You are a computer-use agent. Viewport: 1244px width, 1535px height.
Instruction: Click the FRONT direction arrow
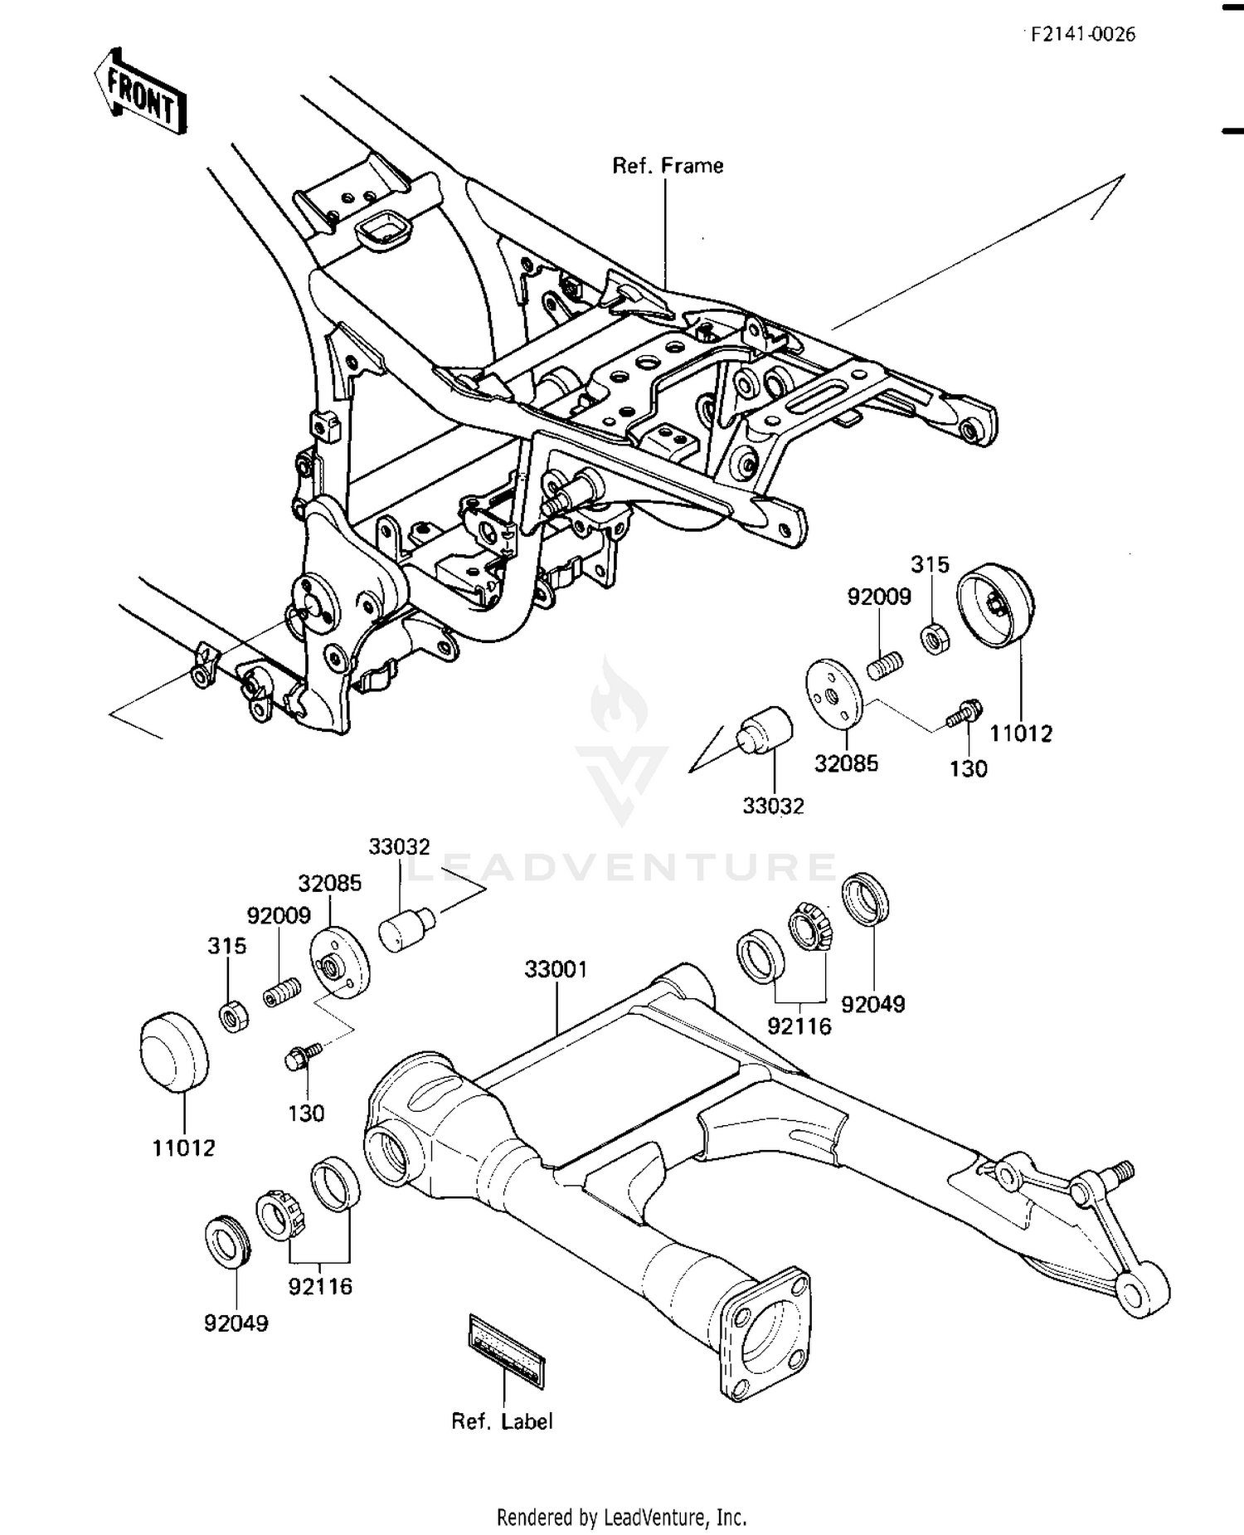[x=140, y=92]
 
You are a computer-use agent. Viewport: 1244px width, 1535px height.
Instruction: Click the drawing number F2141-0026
[x=1083, y=34]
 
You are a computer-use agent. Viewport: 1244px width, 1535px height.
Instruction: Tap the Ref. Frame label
[x=668, y=166]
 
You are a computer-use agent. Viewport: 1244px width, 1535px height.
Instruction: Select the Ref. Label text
[x=502, y=1422]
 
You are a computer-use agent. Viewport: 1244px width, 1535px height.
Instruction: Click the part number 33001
[x=556, y=969]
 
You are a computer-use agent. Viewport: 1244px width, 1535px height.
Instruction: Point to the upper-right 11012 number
[x=1020, y=733]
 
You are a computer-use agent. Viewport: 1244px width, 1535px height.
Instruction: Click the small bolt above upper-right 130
[x=965, y=712]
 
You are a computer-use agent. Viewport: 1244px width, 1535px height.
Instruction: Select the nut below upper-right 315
[x=935, y=637]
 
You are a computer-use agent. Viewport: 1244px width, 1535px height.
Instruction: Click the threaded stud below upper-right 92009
[x=886, y=665]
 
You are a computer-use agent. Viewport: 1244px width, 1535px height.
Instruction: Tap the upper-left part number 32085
[x=330, y=883]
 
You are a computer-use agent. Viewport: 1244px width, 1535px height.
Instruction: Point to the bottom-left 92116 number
[x=320, y=1287]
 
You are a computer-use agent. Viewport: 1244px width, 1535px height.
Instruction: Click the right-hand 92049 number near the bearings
[x=872, y=1004]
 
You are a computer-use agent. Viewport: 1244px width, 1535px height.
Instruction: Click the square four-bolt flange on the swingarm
[x=764, y=1329]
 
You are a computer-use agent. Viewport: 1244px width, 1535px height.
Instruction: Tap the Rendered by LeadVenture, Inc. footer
[x=621, y=1518]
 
